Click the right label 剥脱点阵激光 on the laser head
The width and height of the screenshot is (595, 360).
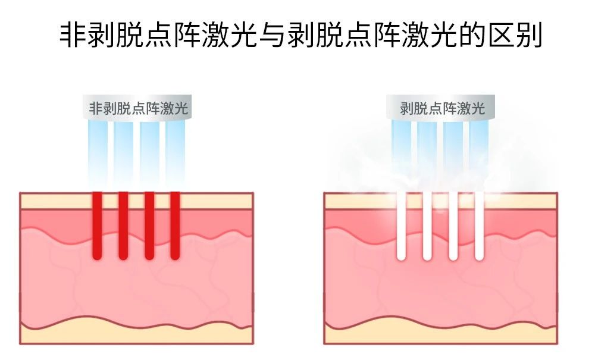tap(442, 108)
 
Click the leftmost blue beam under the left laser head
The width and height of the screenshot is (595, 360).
tap(98, 149)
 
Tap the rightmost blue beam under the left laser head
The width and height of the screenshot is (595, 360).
tap(176, 149)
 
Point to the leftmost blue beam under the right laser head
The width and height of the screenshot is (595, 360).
tap(400, 149)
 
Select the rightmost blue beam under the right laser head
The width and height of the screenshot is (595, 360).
tap(479, 149)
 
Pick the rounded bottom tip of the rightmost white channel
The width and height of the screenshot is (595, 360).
tap(479, 256)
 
